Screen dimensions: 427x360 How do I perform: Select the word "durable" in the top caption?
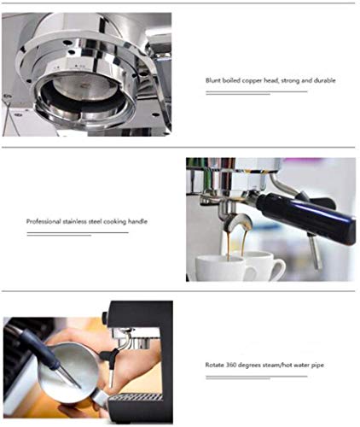tap(324, 80)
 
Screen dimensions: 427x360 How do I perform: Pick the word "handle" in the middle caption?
tap(137, 221)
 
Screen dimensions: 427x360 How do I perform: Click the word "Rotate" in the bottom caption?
tap(214, 365)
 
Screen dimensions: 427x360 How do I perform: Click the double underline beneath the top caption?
tap(256, 92)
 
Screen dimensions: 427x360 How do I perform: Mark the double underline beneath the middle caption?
tap(77, 233)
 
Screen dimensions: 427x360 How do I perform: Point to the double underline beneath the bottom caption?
tap(256, 377)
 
